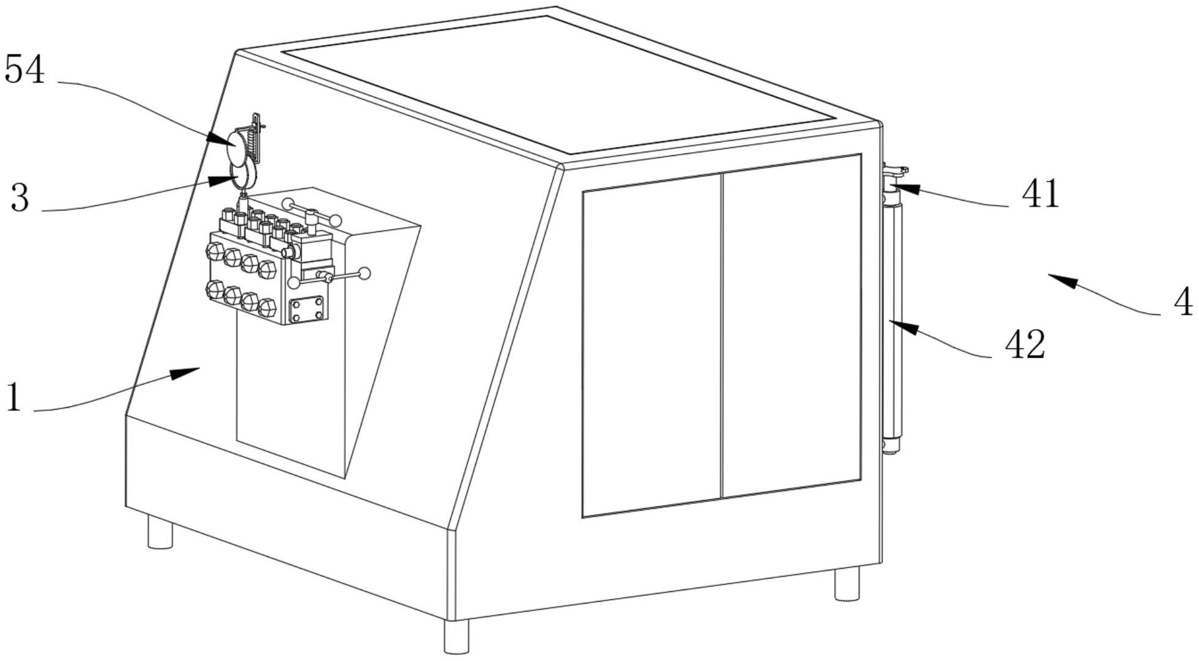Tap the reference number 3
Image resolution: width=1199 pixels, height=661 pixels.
[x=20, y=198]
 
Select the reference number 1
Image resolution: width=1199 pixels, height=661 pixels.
[x=13, y=396]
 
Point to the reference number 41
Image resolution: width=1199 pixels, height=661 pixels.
[x=1041, y=194]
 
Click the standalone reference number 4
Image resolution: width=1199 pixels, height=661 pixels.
[x=1184, y=301]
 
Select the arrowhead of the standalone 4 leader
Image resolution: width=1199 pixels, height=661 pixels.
[x=1063, y=280]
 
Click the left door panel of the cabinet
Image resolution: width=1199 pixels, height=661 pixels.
[x=652, y=345]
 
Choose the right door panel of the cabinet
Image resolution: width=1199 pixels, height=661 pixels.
[x=792, y=326]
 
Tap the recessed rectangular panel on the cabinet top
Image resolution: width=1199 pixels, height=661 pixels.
[x=558, y=84]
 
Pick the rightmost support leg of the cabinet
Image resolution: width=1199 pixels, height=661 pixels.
[x=847, y=583]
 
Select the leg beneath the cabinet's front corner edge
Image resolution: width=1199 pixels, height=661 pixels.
[x=456, y=636]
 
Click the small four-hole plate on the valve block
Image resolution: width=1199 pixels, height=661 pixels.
[x=306, y=309]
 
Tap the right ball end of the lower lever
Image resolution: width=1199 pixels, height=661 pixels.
[x=364, y=273]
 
